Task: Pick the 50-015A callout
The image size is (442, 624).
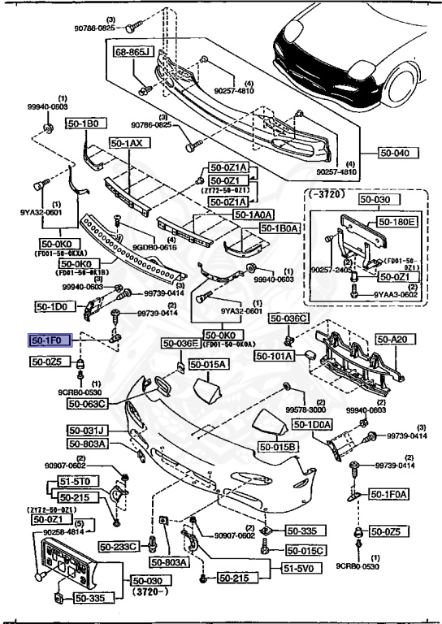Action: (210, 366)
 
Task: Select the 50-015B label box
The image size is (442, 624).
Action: (279, 447)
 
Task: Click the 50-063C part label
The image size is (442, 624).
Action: (88, 403)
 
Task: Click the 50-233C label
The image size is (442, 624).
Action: (120, 546)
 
